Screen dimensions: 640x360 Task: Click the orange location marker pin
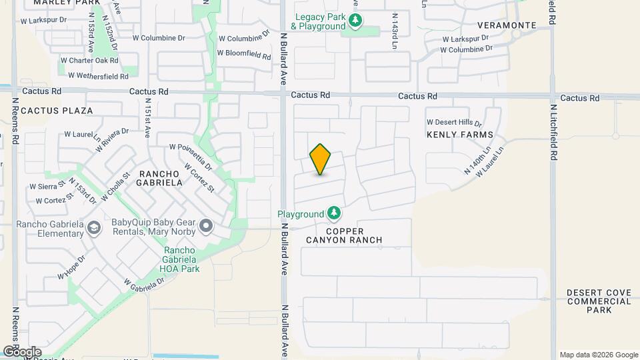321,159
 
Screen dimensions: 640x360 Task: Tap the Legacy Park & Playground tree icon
355,21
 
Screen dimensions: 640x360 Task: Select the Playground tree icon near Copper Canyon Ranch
334,214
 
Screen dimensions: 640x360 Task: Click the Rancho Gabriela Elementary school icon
94,229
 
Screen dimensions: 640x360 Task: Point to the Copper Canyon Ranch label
344,234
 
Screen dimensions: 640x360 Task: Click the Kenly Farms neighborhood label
460,135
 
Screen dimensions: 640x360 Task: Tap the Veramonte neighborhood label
507,25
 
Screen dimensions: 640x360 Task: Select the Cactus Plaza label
57,111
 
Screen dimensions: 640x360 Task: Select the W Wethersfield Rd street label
93,77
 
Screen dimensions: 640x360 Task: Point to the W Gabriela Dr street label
144,283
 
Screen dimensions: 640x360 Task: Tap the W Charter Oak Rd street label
90,60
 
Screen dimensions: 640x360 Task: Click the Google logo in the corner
22,352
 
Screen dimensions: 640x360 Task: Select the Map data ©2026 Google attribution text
598,355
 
